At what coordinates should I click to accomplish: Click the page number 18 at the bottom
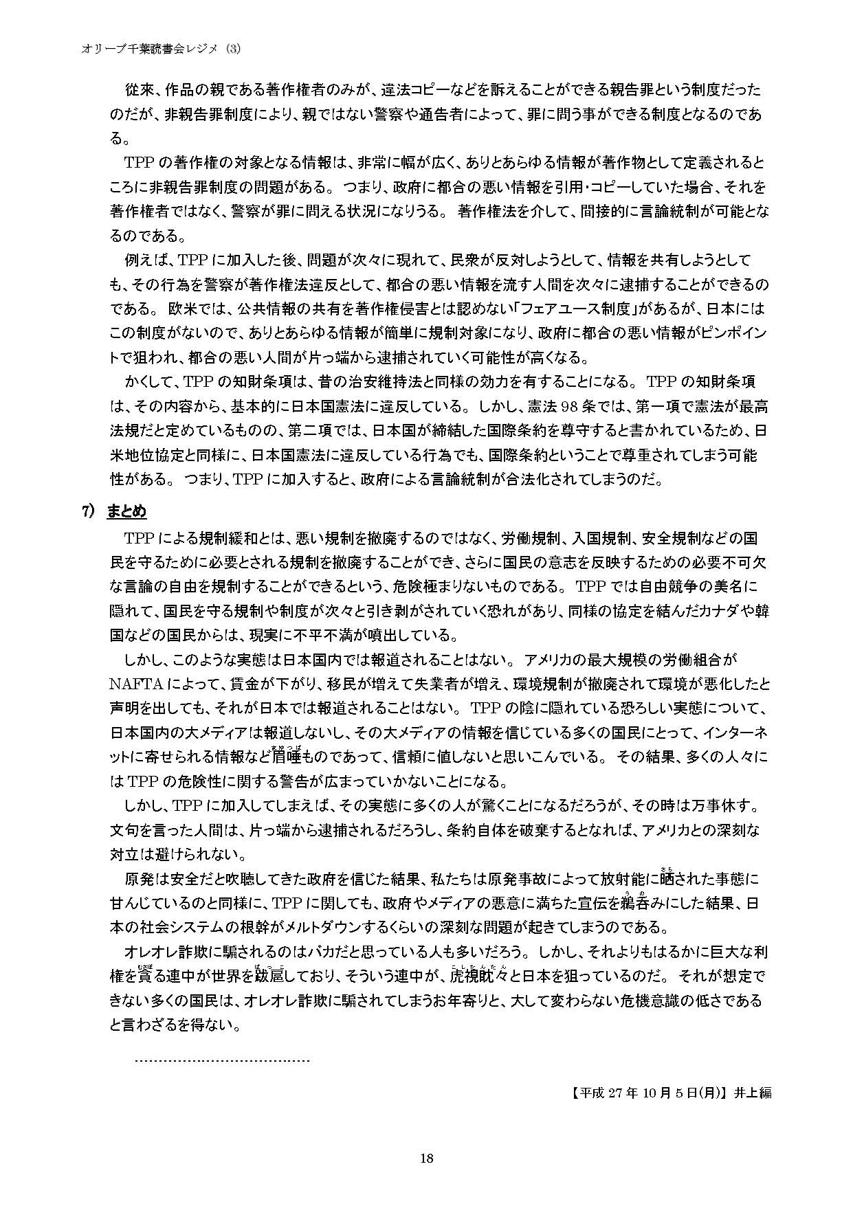(426, 1158)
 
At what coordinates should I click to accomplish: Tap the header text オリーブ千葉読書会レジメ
(151, 49)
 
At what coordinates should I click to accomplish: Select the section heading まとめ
(126, 511)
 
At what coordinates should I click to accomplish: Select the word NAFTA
(137, 684)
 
